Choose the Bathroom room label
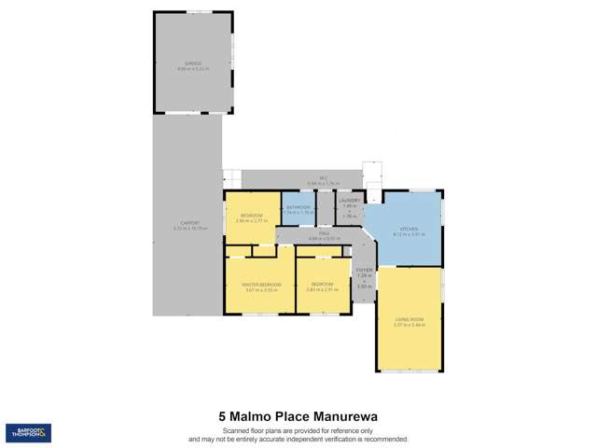click(x=298, y=207)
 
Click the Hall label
click(x=324, y=233)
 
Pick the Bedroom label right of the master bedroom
click(x=322, y=284)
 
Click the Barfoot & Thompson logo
click(x=28, y=433)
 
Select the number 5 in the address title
click(x=222, y=415)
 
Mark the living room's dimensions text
click(x=410, y=326)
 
